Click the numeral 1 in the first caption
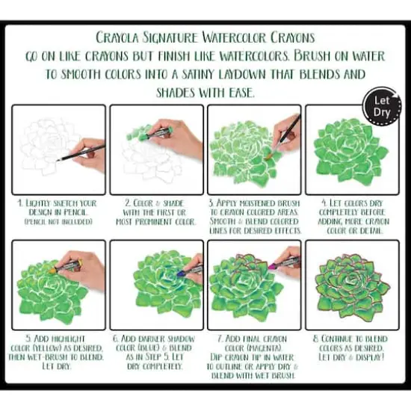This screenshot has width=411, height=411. point(19,202)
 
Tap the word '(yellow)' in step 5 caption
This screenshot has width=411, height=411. point(50,347)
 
